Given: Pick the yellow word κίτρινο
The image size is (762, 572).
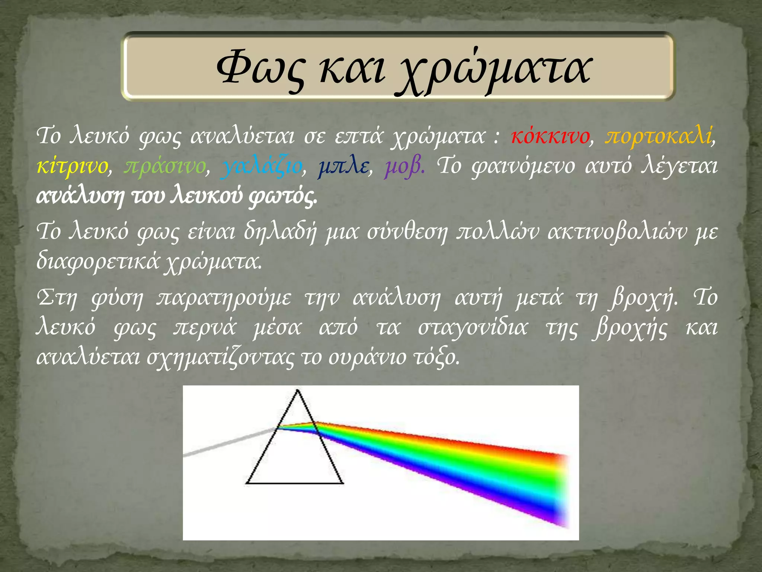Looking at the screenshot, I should coord(72,166).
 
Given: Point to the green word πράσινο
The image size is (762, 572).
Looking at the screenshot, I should coord(165,166).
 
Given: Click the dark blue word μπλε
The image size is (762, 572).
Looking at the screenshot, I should coord(343,166).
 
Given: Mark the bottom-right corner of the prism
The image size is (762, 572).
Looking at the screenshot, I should coord(342,483).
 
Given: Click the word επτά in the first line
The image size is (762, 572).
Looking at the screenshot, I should coord(358,136).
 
